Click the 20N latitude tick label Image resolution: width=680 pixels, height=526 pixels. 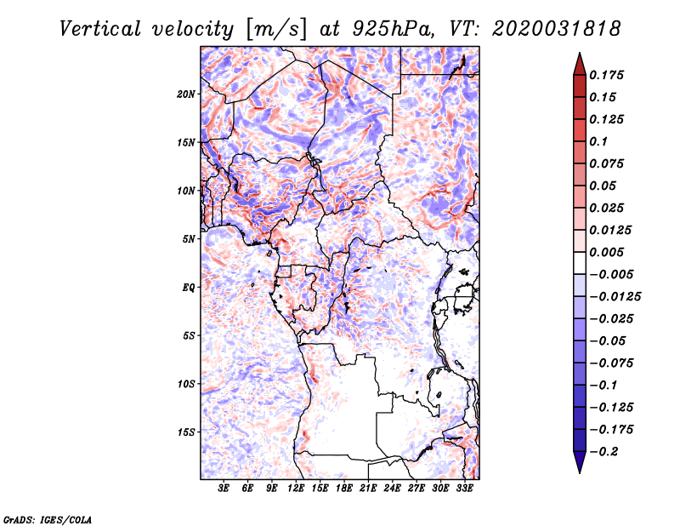[186, 94]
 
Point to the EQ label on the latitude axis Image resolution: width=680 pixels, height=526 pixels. [188, 288]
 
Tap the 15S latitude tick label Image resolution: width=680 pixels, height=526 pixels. [186, 432]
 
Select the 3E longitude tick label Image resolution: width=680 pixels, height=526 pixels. [224, 488]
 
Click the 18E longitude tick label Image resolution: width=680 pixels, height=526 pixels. [344, 488]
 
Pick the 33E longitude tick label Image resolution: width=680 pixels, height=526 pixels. [464, 488]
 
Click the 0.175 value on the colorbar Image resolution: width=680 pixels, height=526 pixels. [606, 75]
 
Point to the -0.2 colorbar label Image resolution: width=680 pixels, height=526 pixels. [603, 452]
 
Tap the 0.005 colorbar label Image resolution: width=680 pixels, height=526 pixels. [606, 252]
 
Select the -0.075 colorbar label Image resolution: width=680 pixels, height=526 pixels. [611, 363]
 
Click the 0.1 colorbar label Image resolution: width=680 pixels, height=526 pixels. [598, 141]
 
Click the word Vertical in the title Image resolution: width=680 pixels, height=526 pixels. [100, 29]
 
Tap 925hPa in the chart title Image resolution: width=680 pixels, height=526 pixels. [394, 29]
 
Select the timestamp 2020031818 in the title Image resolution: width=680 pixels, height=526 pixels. [557, 29]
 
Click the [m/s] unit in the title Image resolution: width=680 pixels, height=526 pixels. [276, 30]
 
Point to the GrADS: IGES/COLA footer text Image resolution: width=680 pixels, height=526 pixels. [48, 519]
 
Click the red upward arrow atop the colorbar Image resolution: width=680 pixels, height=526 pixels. [580, 64]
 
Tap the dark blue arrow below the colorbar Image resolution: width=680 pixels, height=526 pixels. [580, 462]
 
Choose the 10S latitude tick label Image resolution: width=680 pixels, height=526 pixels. [186, 384]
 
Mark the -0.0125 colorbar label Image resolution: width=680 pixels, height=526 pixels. [615, 297]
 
